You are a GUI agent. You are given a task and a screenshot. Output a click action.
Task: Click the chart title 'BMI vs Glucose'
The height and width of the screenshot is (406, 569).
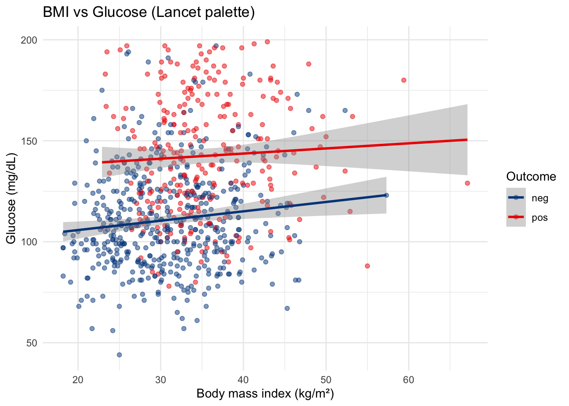click(x=149, y=13)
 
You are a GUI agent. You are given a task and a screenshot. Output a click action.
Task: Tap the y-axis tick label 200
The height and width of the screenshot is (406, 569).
click(x=29, y=40)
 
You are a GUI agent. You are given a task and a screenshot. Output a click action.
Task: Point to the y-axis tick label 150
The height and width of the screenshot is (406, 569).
click(x=29, y=141)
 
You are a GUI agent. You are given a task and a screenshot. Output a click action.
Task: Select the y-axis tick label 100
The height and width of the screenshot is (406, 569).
click(x=29, y=242)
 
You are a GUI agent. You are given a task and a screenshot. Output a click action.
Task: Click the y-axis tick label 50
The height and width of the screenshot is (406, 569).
click(x=32, y=343)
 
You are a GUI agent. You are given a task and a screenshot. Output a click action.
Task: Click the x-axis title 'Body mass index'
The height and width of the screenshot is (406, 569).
click(x=265, y=394)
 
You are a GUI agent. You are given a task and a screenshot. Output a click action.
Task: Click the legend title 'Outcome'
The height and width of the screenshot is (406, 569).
click(x=531, y=176)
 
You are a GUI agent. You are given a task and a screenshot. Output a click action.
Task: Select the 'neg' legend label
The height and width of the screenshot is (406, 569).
click(x=540, y=198)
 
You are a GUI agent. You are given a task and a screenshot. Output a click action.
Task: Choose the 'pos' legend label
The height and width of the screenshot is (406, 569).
click(x=540, y=218)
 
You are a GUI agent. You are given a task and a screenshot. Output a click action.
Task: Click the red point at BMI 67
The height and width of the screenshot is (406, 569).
click(x=467, y=183)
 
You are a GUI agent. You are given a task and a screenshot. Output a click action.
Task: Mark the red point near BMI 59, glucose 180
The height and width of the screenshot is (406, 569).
click(x=404, y=80)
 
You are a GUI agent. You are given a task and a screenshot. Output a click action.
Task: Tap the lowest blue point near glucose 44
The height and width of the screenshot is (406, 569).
click(x=119, y=355)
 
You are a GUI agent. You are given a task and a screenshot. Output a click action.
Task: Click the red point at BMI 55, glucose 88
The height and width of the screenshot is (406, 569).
click(x=367, y=266)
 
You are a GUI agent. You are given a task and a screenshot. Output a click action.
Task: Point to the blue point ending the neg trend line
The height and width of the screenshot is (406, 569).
click(x=386, y=195)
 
